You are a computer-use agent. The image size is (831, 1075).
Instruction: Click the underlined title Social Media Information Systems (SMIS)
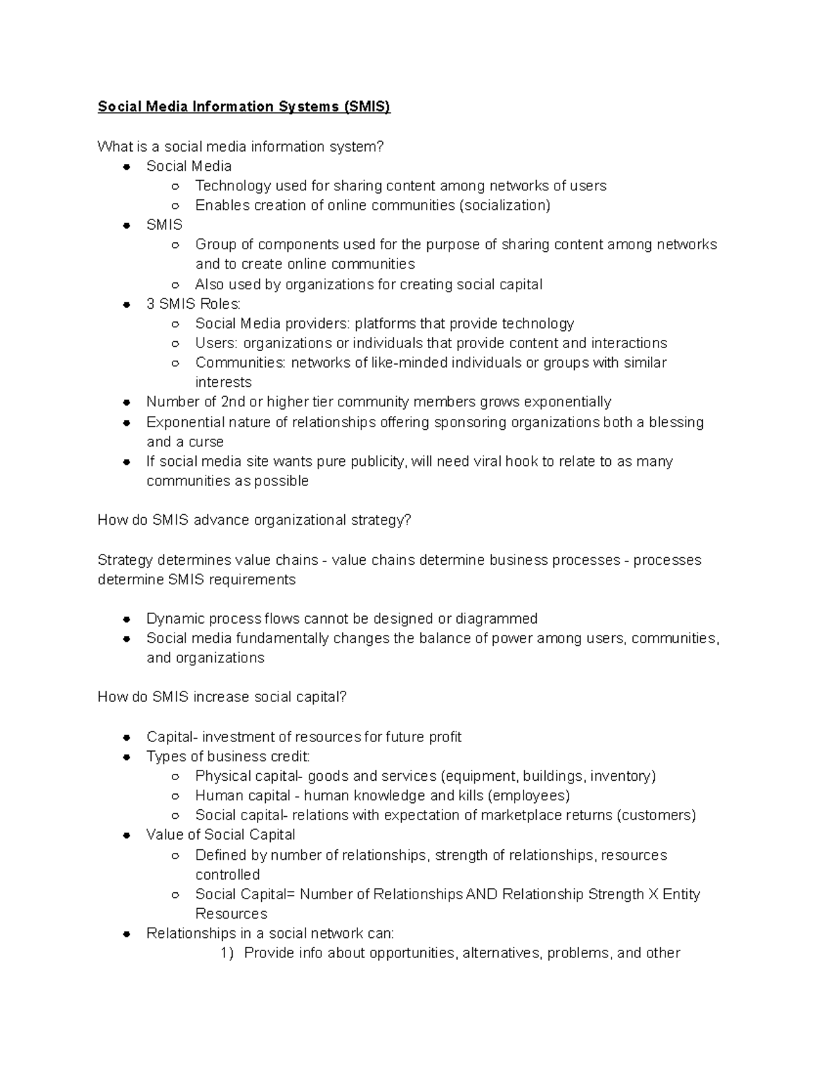coord(244,107)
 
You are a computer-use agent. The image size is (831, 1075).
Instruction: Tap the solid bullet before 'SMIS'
coord(127,226)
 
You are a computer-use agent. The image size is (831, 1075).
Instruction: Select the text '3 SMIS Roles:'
coord(193,304)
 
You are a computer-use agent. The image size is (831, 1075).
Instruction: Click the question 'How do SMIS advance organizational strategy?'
coord(254,520)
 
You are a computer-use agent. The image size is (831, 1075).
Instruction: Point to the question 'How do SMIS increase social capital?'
coord(222,697)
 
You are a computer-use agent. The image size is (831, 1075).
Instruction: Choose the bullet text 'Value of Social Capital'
coord(220,835)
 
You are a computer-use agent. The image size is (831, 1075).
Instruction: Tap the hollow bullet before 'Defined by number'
coord(176,856)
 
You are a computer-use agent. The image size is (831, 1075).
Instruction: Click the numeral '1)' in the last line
coord(228,953)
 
